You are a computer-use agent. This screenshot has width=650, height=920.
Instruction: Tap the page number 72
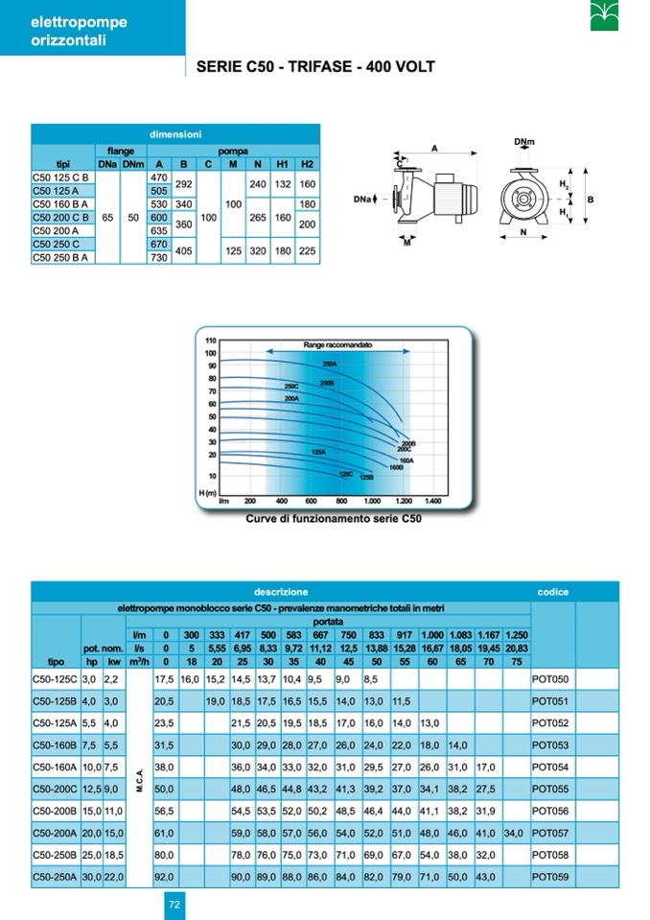tap(174, 903)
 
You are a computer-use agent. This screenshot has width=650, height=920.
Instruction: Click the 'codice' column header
tap(553, 592)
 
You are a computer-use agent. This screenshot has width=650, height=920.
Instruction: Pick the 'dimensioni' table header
tap(174, 135)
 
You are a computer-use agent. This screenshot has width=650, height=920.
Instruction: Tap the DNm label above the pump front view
tap(523, 143)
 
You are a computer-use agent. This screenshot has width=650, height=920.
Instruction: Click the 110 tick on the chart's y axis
tap(211, 342)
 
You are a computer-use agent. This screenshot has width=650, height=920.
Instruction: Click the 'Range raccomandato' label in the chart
tap(337, 343)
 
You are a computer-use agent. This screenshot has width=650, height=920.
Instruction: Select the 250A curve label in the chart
tap(331, 366)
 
